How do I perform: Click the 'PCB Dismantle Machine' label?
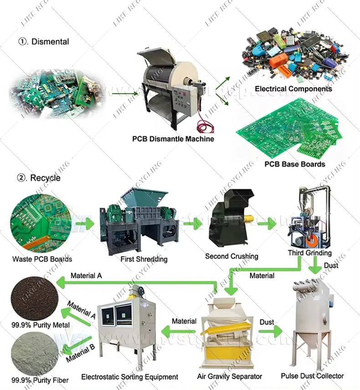click(173, 139)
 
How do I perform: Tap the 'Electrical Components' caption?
click(293, 89)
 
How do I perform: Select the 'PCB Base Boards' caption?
click(295, 164)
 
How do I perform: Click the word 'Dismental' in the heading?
click(50, 41)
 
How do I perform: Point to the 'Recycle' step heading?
click(45, 178)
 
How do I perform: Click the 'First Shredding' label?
click(144, 259)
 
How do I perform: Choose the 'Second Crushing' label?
click(231, 256)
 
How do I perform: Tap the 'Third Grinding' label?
click(309, 253)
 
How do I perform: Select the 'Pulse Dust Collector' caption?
click(312, 376)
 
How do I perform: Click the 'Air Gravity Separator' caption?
click(229, 376)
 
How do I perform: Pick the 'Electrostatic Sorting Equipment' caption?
click(129, 377)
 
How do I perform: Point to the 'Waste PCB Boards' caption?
click(42, 259)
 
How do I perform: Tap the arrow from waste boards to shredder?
click(84, 224)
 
